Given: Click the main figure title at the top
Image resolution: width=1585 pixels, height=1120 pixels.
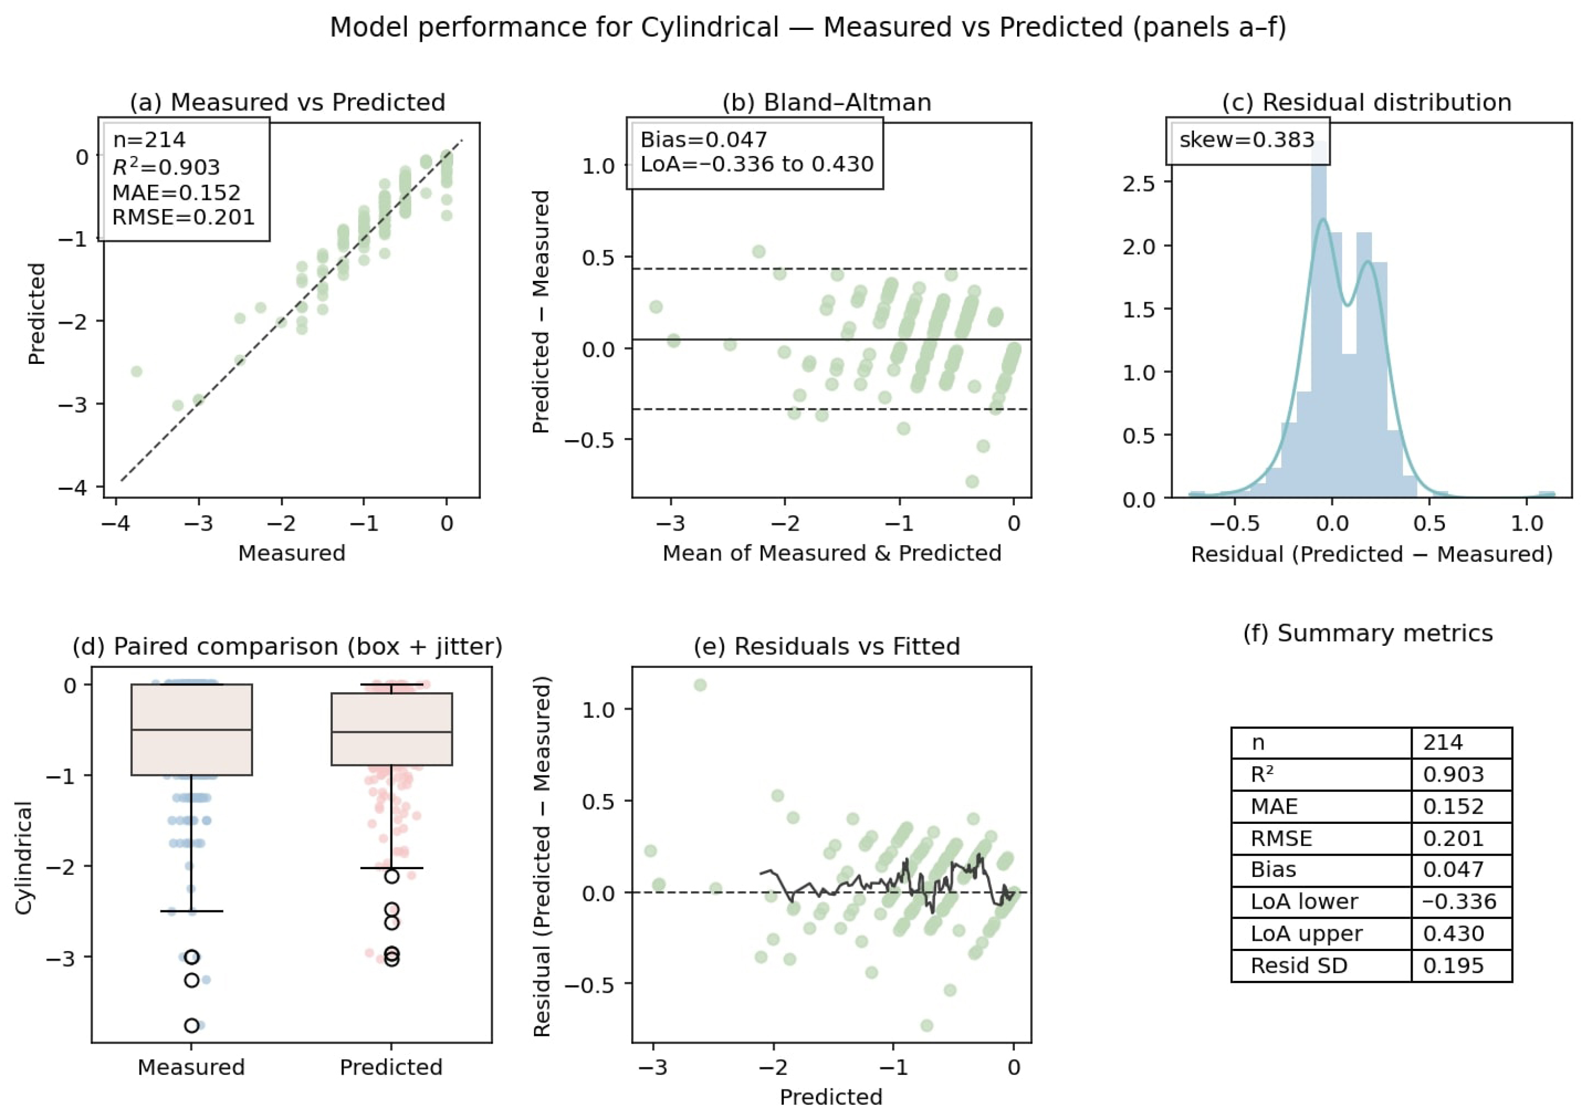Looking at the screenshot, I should (807, 28).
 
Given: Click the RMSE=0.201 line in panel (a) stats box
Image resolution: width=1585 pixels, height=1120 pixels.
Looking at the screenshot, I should (184, 218).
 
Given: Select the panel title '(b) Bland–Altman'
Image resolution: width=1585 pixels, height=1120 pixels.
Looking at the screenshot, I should (826, 102).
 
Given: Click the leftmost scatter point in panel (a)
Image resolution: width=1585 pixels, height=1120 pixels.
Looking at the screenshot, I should (137, 371).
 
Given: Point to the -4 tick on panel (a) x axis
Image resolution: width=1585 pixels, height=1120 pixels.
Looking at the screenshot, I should (115, 523).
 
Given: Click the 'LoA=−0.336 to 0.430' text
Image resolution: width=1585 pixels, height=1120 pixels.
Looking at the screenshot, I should (757, 164).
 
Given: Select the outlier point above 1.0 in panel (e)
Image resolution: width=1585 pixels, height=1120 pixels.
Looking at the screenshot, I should (700, 685).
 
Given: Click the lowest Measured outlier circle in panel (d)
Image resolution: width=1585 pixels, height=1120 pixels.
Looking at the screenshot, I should (192, 1026).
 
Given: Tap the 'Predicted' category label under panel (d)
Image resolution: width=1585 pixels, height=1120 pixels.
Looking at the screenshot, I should (390, 1067).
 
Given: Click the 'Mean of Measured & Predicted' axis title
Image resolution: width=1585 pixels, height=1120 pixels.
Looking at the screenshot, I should (832, 553).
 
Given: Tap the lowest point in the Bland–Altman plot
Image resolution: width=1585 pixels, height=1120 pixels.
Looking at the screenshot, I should (972, 481).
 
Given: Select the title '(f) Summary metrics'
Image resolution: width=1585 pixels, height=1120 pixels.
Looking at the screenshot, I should (1367, 633).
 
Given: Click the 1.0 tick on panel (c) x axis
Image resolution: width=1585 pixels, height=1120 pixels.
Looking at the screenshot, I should (1526, 523).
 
